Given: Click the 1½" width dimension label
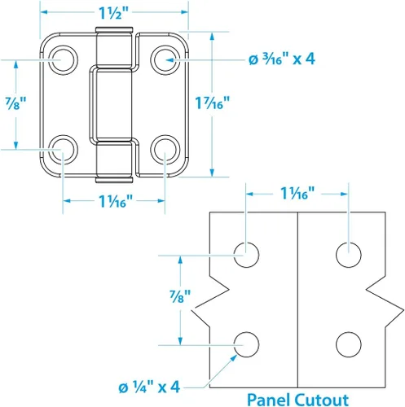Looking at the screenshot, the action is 113,12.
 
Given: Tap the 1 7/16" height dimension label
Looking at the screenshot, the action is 213,103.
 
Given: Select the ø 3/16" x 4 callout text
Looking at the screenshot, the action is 282,59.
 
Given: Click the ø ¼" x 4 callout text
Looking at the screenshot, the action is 149,387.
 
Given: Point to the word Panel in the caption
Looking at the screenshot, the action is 269,400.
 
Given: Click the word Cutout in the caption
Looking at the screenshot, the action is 322,400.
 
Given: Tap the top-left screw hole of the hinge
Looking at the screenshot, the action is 63,59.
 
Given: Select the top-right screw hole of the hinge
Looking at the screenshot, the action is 165,59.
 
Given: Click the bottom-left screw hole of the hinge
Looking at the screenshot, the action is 63,150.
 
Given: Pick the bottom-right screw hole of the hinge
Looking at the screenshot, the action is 165,150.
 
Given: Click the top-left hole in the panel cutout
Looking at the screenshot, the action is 246,255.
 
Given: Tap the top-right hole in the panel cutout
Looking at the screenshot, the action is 349,255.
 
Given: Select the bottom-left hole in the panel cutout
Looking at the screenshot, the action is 246,344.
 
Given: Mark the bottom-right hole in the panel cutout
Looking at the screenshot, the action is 349,344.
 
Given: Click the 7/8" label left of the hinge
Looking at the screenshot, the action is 16,103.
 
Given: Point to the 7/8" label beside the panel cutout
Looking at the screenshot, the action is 180,296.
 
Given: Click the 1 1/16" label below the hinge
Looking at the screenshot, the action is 116,201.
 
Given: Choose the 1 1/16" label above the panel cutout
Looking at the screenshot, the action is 297,194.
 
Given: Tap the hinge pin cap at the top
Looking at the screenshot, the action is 114,29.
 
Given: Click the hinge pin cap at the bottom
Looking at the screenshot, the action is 114,180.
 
